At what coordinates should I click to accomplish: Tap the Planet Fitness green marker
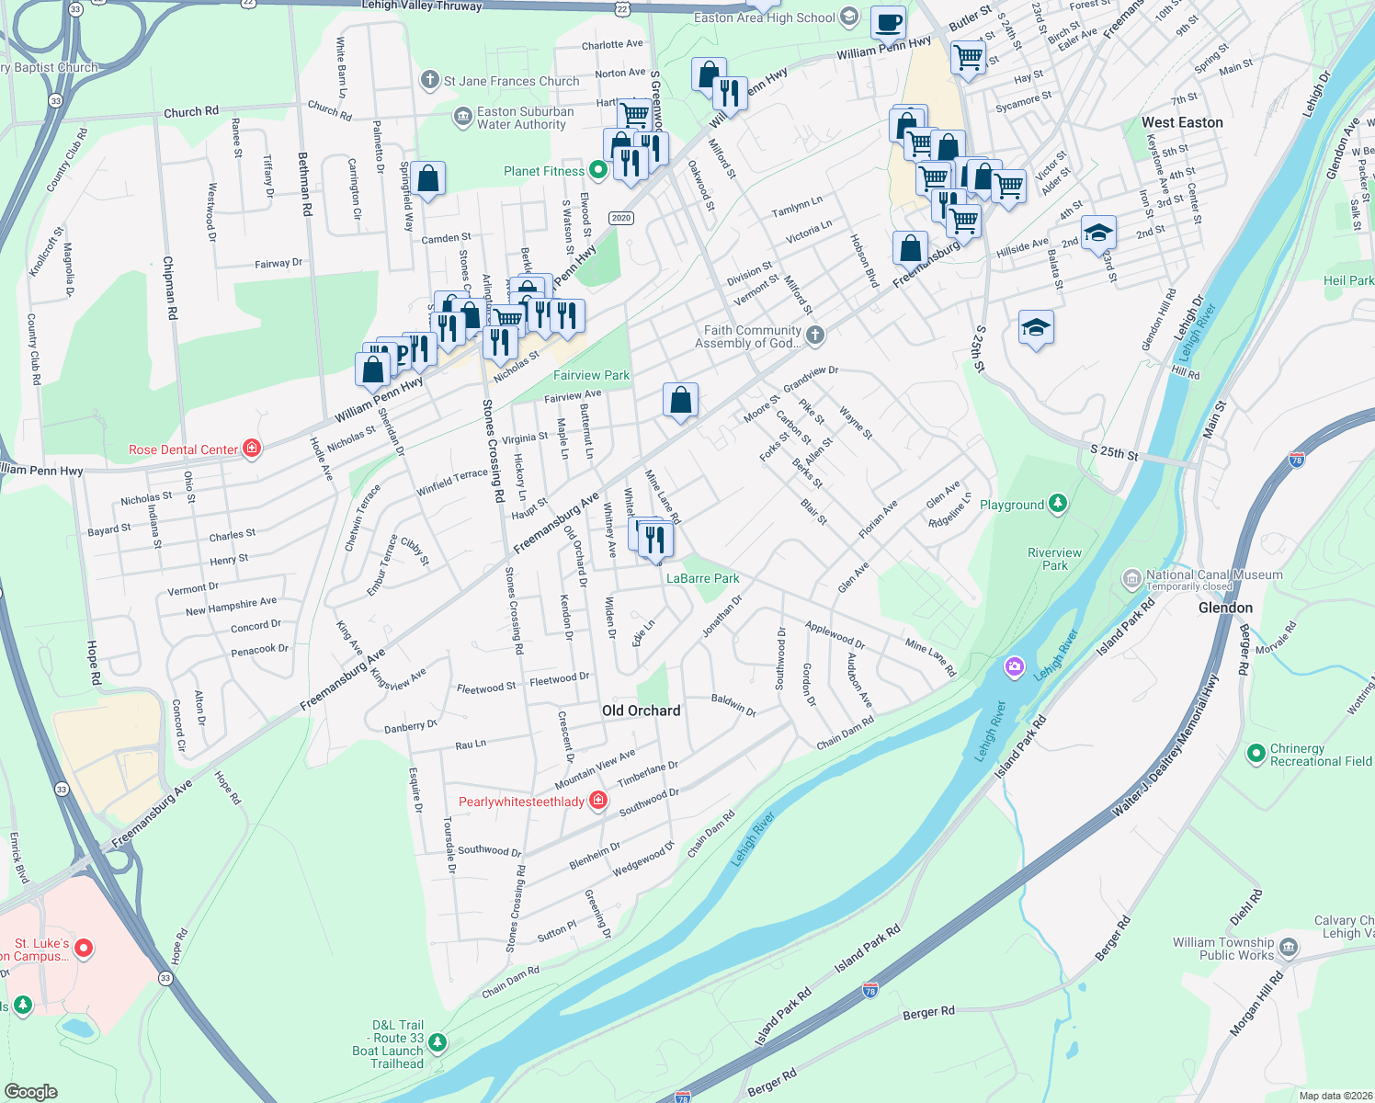click(598, 170)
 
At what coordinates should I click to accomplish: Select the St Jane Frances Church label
click(511, 81)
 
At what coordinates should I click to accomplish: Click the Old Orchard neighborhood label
click(641, 711)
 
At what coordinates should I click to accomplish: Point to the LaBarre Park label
click(702, 578)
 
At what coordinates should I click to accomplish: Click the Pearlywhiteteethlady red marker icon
click(598, 801)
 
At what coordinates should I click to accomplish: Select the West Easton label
click(1182, 122)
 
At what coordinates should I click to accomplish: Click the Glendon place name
click(1225, 608)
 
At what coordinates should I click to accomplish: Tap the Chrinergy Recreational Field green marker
click(1256, 754)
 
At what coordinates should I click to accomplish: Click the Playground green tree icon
click(1058, 504)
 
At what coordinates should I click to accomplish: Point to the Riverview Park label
click(1054, 559)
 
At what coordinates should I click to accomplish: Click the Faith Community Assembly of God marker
click(815, 335)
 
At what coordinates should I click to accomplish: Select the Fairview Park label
click(591, 375)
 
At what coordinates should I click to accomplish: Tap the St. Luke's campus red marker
click(84, 947)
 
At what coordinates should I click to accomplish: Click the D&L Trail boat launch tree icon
click(437, 1042)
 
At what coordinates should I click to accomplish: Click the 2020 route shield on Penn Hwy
click(621, 218)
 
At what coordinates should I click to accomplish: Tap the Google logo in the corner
click(31, 1091)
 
